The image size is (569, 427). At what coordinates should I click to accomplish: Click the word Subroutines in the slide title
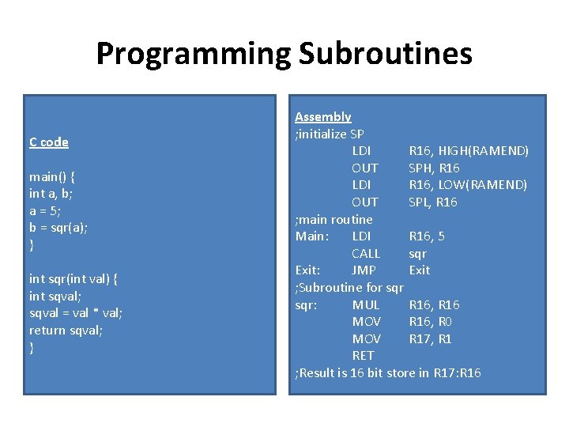click(385, 54)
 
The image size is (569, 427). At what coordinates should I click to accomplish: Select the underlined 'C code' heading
click(49, 142)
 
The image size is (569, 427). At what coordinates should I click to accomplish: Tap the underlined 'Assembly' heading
click(322, 117)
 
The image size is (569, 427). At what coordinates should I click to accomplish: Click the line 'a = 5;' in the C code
click(45, 211)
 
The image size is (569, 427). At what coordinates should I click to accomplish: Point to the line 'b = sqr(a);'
click(58, 228)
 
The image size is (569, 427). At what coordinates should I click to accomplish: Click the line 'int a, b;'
click(51, 194)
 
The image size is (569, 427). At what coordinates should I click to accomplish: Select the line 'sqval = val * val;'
click(75, 313)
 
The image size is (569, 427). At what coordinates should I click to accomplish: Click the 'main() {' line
click(52, 176)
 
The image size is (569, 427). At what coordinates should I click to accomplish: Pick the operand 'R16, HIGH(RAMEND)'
click(469, 151)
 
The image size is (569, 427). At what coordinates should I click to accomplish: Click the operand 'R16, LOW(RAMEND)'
click(468, 185)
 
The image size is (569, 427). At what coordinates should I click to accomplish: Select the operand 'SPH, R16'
click(434, 168)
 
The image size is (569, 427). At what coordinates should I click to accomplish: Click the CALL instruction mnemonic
click(366, 254)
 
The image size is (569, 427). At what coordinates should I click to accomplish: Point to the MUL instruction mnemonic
click(366, 305)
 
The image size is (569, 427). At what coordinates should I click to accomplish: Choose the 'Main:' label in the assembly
click(311, 236)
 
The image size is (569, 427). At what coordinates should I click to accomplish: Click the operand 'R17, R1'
click(431, 339)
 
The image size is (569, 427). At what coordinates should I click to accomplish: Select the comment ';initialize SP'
click(329, 134)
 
